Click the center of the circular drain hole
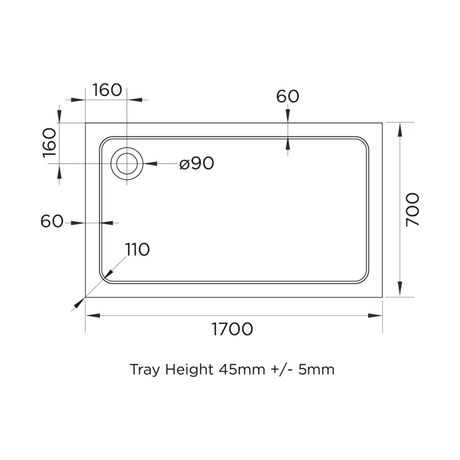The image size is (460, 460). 127,164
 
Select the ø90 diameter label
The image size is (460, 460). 197,164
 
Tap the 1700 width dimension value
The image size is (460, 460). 233,329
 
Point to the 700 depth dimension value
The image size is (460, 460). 412,210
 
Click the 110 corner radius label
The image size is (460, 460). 137,249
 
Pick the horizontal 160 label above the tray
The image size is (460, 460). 107,90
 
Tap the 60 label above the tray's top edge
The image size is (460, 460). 287,96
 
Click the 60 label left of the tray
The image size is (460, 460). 52,222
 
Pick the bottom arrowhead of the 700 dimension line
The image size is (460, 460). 399,290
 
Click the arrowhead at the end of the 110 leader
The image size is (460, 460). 78,304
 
